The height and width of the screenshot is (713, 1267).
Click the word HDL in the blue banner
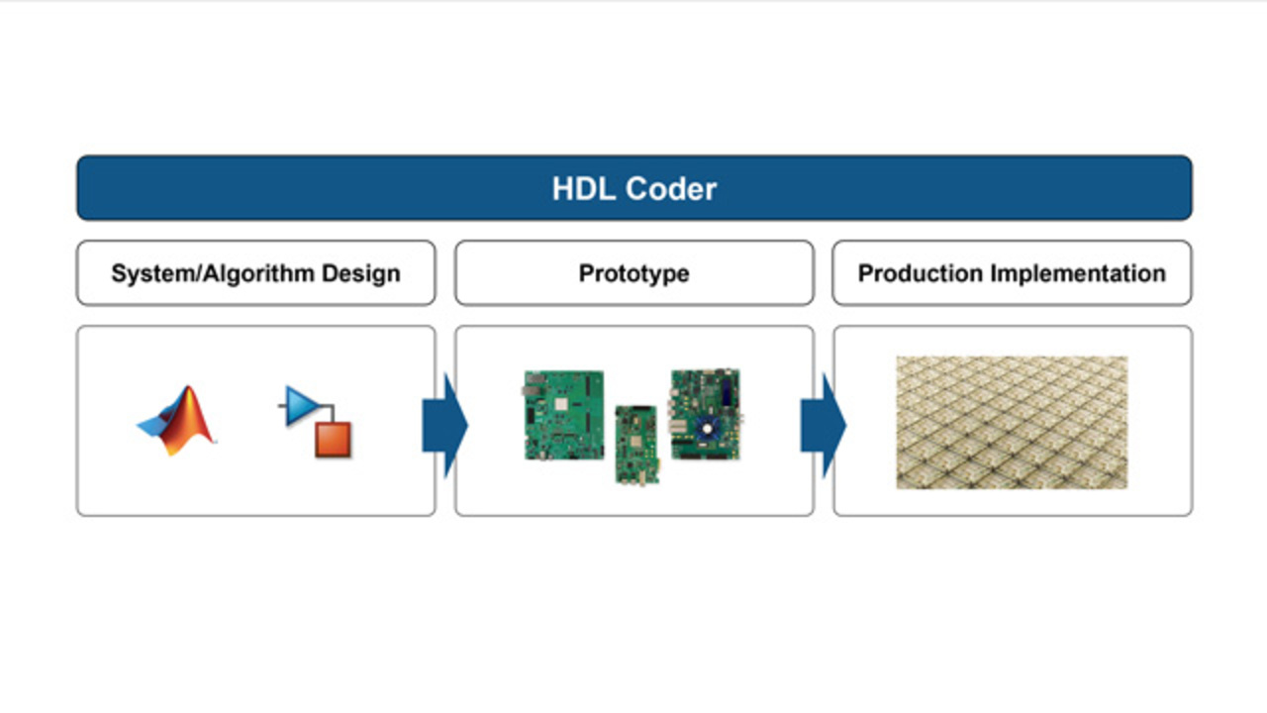point(583,188)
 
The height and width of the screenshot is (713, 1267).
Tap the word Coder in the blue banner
point(671,188)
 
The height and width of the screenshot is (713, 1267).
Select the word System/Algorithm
point(213,274)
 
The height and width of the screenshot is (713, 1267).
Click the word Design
point(361,274)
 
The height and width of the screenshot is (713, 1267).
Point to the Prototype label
point(634,274)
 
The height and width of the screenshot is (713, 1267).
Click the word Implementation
point(1078,273)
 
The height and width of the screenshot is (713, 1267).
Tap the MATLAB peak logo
point(176,421)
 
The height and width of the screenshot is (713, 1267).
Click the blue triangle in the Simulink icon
point(302,405)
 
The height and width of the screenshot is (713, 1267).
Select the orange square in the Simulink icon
point(334,440)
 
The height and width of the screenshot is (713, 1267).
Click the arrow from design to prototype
point(445,426)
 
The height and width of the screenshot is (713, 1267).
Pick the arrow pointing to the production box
point(823,426)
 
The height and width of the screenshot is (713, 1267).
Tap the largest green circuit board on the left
point(563,415)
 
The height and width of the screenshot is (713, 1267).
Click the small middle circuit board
point(636,446)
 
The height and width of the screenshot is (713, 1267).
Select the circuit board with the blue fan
point(706,414)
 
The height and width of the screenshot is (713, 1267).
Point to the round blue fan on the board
point(707,429)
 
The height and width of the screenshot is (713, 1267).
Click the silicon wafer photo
point(1012,422)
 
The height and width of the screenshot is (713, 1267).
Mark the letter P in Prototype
point(587,273)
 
